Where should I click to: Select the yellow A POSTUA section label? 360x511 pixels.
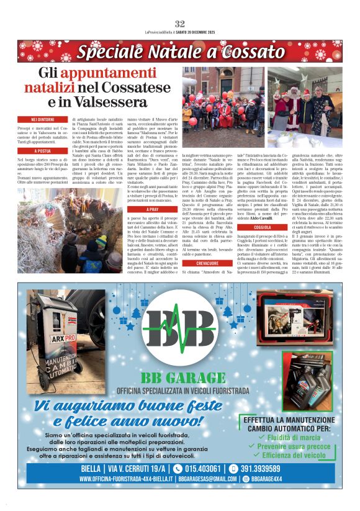pyautogui.click(x=43, y=151)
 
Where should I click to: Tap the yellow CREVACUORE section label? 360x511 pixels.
pyautogui.click(x=207, y=264)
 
